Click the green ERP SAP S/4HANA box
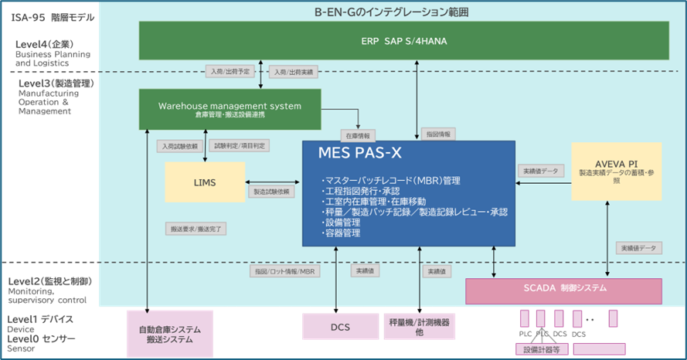(x=403, y=39)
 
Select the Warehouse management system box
(x=230, y=108)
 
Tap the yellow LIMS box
(x=205, y=182)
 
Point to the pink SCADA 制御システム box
(x=563, y=290)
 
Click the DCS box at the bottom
(x=340, y=327)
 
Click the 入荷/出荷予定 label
(x=230, y=72)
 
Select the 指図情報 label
(x=439, y=134)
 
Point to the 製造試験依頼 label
(x=271, y=191)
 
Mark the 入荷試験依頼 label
(x=179, y=145)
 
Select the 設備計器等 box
(x=546, y=349)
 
